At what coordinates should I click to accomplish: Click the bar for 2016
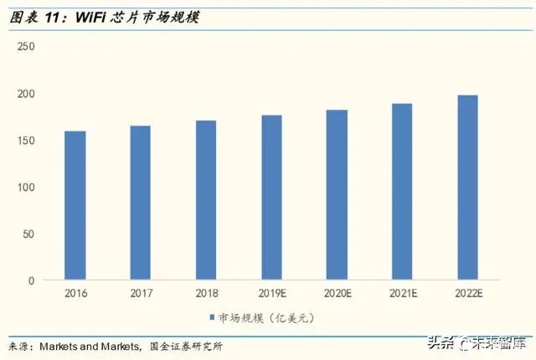(75, 205)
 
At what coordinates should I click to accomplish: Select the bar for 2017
(141, 203)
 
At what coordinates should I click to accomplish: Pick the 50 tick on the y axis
(28, 234)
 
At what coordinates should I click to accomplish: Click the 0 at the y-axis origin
(31, 280)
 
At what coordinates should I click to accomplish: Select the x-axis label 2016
(75, 294)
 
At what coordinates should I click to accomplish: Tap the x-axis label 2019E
(271, 294)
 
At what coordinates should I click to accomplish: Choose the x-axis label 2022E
(467, 294)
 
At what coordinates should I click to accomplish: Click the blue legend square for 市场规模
(211, 317)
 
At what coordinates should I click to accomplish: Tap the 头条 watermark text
(441, 342)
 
